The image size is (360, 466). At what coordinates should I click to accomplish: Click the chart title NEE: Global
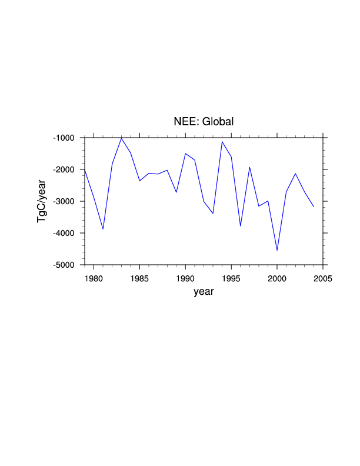(204, 122)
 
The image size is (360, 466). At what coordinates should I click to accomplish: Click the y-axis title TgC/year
(42, 201)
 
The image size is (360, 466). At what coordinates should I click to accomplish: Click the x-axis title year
(204, 291)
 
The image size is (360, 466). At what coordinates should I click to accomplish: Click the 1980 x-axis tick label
(94, 277)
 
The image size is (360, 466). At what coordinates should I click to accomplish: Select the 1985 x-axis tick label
(139, 277)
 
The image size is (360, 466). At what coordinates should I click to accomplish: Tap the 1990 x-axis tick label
(185, 277)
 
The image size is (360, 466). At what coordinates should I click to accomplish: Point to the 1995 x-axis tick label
(231, 277)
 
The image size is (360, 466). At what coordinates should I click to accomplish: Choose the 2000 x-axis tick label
(277, 277)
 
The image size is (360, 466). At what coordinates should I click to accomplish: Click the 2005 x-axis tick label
(323, 277)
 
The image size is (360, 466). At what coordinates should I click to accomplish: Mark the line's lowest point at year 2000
(277, 250)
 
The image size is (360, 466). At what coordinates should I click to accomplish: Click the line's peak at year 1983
(121, 138)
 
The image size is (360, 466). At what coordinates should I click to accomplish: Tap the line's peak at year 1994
(222, 142)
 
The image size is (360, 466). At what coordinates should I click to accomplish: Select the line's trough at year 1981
(103, 229)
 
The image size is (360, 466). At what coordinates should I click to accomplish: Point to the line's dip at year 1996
(241, 226)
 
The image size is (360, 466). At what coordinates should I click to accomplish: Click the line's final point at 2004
(314, 207)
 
